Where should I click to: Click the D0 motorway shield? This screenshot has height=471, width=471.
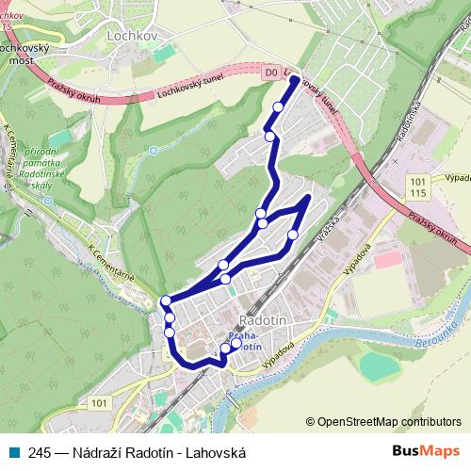pos(271,71)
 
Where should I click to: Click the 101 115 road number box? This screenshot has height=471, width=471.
pos(419,186)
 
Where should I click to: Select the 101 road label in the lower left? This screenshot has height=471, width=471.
pos(100,403)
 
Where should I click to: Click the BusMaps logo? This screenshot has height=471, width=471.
pos(427,451)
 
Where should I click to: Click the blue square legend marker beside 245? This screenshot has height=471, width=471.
pos(15,452)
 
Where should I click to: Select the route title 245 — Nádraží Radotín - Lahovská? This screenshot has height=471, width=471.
pos(138,452)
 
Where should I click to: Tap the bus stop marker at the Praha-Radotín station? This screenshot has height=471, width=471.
pos(225,349)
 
